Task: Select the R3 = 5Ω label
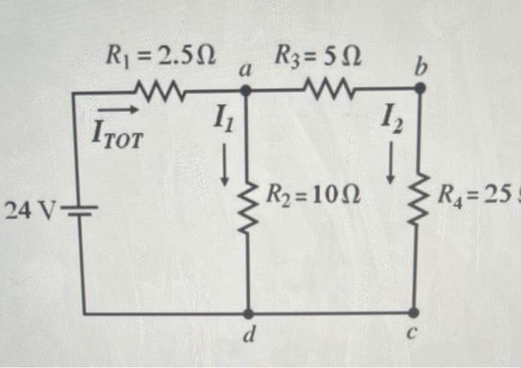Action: [x=318, y=54]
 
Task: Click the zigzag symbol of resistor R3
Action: [x=325, y=91]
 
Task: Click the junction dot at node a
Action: [x=247, y=90]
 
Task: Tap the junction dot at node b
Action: [x=420, y=89]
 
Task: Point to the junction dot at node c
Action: [x=415, y=313]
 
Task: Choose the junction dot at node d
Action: [x=248, y=314]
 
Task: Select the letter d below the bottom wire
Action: [x=251, y=337]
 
